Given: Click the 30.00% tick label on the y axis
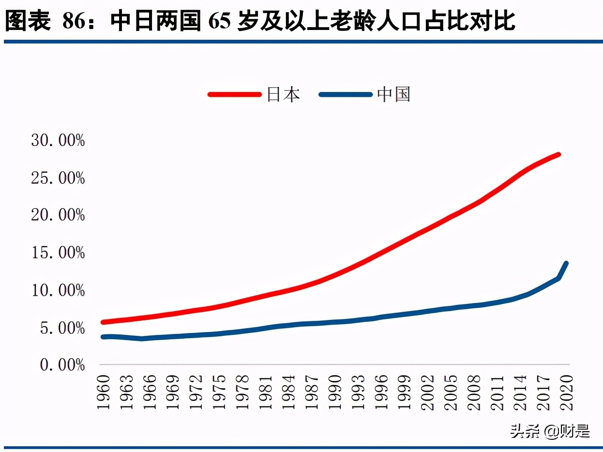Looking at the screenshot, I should (x=58, y=141).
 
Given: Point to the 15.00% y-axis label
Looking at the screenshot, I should (x=58, y=253).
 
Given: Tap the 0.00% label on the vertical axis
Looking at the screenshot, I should (x=62, y=365).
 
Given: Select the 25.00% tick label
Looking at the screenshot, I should (x=58, y=178).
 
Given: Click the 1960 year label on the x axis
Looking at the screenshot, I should (x=104, y=392).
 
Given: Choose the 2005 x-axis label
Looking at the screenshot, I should (x=451, y=392).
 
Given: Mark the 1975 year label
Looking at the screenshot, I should (x=219, y=392).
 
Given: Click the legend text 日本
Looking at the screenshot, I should (x=284, y=94).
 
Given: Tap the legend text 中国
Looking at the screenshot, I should (x=394, y=94).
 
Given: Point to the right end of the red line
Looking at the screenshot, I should (x=558, y=155).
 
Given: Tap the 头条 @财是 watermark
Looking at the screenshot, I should (x=550, y=430).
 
